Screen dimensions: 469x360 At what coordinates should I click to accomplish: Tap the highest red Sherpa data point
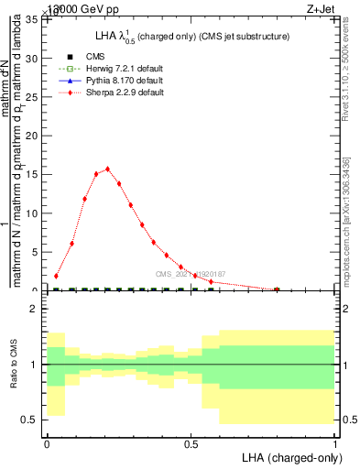point(108,169)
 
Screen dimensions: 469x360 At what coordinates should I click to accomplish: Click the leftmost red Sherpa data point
point(57,276)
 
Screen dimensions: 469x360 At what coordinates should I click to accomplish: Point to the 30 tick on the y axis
point(32,59)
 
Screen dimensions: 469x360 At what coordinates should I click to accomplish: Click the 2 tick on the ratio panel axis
point(36,310)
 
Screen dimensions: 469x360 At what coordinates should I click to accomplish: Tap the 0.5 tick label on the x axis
point(191,442)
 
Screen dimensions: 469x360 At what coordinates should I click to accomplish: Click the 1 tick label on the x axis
point(334,442)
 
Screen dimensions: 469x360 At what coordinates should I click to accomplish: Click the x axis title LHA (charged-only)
point(289,457)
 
